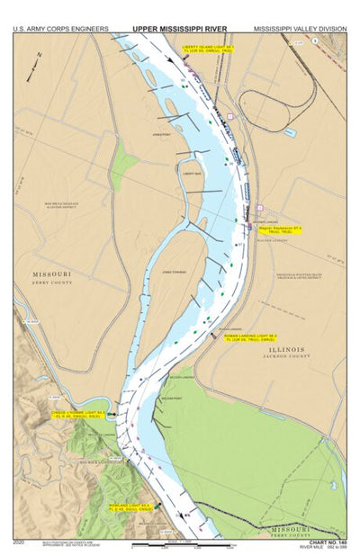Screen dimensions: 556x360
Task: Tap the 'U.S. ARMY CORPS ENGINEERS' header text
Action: pyautogui.click(x=59, y=29)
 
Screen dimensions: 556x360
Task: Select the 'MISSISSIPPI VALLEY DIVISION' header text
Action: pyautogui.click(x=300, y=29)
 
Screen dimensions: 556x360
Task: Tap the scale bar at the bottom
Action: pyautogui.click(x=171, y=544)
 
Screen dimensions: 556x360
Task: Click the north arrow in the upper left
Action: pyautogui.click(x=39, y=57)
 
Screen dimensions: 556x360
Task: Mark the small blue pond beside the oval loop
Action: pyautogui.click(x=290, y=132)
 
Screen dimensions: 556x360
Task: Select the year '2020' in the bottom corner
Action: pyautogui.click(x=20, y=542)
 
